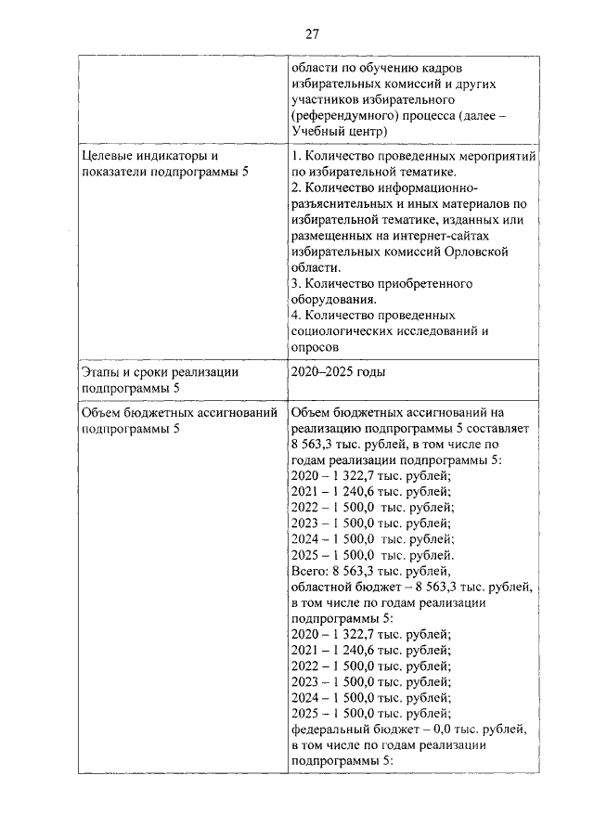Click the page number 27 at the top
pos(313,34)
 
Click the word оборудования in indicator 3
pos(332,299)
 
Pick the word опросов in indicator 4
pos(315,346)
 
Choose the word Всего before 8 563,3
pos(309,570)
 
